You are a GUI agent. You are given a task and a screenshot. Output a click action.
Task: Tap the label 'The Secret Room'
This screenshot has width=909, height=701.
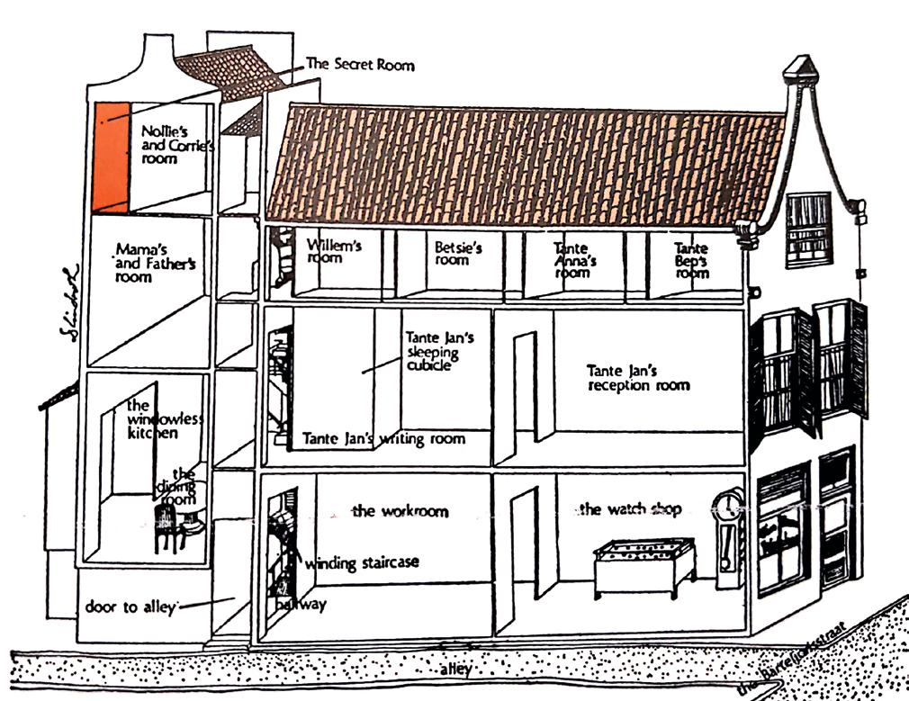point(360,65)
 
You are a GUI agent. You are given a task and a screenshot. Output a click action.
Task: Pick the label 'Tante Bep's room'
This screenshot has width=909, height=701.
point(691,260)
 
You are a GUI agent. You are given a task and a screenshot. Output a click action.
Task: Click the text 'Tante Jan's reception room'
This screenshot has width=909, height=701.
point(638,377)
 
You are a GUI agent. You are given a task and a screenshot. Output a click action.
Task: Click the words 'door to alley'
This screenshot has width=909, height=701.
point(130,606)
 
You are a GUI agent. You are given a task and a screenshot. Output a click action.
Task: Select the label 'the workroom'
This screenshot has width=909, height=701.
point(400,511)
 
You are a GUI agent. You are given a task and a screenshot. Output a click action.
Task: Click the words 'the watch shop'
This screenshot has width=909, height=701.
point(630,509)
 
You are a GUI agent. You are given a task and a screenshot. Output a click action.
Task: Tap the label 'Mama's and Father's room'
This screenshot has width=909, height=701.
point(155,262)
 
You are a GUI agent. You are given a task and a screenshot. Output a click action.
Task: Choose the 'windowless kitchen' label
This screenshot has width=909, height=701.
point(152,419)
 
